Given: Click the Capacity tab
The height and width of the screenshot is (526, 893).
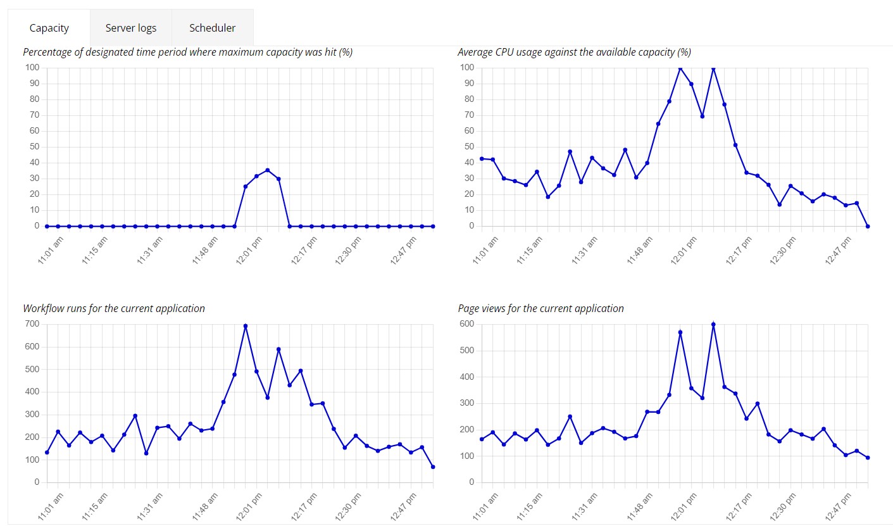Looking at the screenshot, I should point(49,28).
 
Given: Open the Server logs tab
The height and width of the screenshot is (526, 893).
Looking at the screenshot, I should point(131,28).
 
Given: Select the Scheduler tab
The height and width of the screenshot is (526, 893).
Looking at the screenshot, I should point(213,28).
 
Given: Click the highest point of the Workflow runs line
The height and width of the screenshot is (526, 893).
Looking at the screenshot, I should point(246,326).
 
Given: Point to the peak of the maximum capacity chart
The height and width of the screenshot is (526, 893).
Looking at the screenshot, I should point(268,170).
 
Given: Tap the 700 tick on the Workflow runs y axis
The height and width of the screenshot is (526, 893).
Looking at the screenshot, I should point(32,324).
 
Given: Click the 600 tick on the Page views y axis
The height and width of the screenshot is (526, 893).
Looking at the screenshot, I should point(466,324).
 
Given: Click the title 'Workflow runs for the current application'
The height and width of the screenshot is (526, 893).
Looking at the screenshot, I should point(114,308).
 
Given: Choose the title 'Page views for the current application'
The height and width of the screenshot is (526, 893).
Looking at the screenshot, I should point(540,308).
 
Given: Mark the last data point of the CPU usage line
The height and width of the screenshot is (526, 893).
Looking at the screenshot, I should point(868,226).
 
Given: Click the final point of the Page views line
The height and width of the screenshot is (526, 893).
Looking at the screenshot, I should point(868,458).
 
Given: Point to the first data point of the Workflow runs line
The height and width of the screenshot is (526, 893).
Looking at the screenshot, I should point(47,453).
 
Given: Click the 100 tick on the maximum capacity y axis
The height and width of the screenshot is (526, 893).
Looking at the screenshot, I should point(32,67).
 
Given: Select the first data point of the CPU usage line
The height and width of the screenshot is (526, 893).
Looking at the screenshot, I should point(482,159).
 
